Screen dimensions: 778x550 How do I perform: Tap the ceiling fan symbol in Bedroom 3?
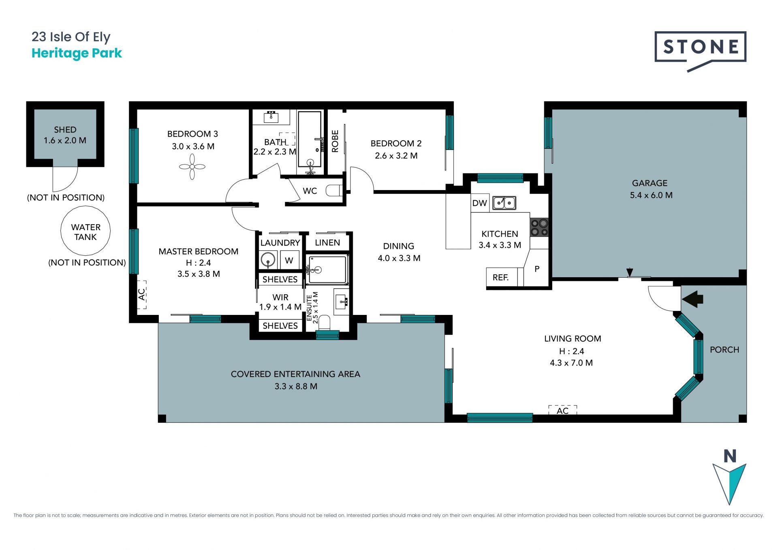(x=192, y=167)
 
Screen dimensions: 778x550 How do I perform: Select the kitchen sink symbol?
(x=504, y=203)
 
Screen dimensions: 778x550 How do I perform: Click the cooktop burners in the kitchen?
(x=539, y=227)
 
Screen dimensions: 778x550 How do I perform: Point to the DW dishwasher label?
(x=479, y=203)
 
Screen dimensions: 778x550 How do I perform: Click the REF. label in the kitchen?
(x=500, y=278)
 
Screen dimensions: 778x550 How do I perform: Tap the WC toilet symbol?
(x=334, y=190)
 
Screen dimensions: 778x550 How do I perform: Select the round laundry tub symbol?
(x=268, y=259)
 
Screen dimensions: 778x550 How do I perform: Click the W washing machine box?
(x=289, y=260)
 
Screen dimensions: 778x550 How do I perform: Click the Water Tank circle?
(x=85, y=231)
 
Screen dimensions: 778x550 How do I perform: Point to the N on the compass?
(x=730, y=456)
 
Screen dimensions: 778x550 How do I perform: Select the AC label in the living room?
(x=562, y=411)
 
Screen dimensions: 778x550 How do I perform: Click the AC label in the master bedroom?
(x=141, y=294)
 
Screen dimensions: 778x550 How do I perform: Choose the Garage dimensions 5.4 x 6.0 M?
(x=651, y=195)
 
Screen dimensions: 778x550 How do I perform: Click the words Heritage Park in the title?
(x=77, y=53)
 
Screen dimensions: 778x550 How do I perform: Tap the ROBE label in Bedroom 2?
(x=335, y=141)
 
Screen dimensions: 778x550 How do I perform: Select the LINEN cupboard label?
(x=327, y=242)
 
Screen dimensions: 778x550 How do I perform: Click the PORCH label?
(x=725, y=350)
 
